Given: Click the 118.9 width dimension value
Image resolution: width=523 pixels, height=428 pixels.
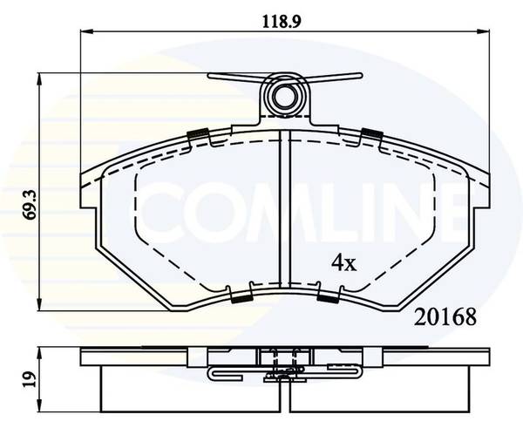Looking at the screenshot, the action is click(282, 22).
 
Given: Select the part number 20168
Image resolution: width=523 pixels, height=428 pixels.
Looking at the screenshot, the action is click(445, 317).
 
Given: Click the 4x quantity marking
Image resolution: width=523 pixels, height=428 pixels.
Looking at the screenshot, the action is click(344, 263).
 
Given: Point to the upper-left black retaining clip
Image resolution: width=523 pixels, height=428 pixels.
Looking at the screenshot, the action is click(198, 133).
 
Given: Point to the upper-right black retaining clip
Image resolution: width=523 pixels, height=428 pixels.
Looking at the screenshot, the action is click(372, 133).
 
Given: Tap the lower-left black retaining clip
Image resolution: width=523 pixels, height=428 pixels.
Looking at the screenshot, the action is click(241, 299).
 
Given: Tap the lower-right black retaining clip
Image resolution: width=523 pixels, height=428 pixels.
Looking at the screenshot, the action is click(328, 299).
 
